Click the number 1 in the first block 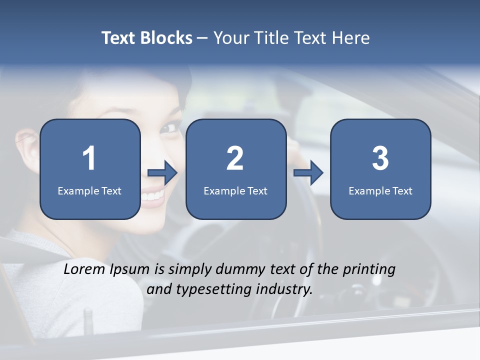[89, 158]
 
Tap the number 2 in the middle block [235, 158]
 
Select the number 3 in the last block [380, 158]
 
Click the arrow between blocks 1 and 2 [163, 173]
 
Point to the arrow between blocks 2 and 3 [308, 173]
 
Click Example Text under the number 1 [89, 191]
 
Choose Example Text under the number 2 [235, 191]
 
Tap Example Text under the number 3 [380, 191]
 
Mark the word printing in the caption [369, 269]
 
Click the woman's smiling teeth [152, 195]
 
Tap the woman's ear [26, 142]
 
